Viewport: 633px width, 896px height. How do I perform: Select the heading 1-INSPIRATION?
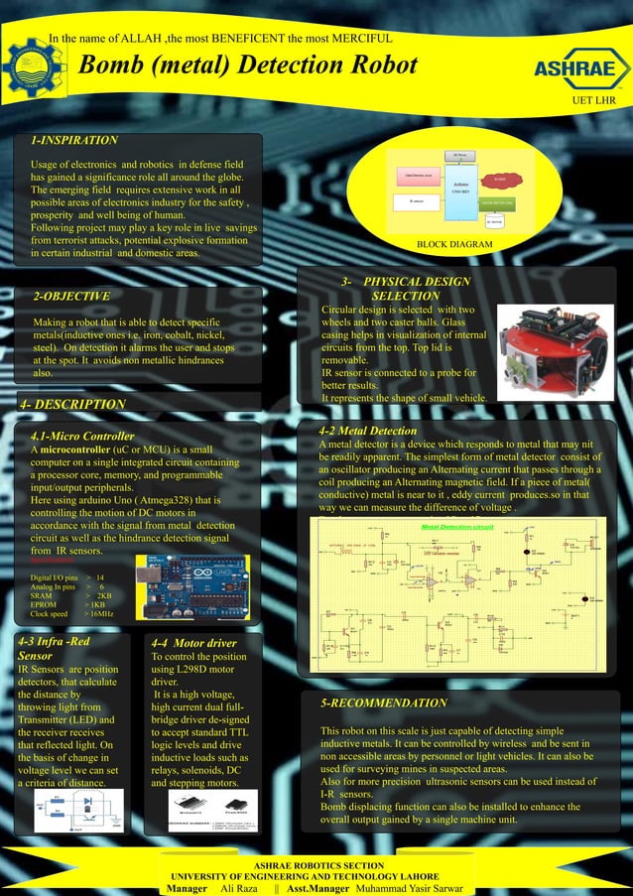pos(74,141)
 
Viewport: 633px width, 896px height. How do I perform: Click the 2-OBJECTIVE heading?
pos(71,296)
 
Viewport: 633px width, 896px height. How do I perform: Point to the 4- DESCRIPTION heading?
pos(74,404)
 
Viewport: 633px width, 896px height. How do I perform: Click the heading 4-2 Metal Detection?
pos(368,431)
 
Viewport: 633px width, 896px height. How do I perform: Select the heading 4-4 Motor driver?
pos(193,642)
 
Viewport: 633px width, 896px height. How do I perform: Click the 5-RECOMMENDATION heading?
pos(384,703)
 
